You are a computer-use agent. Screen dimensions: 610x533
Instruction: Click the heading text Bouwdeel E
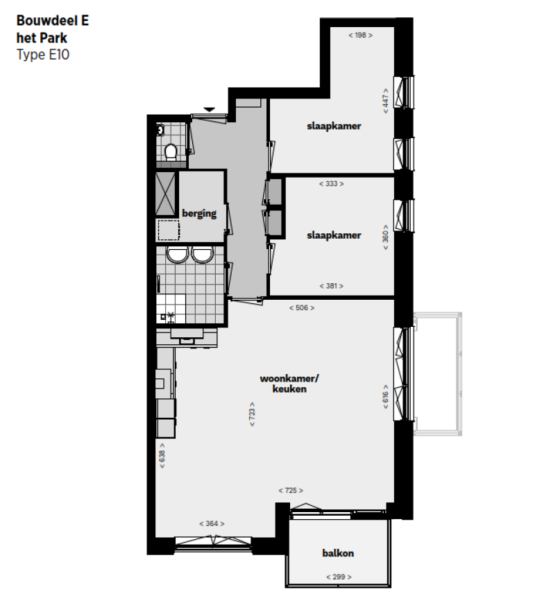[x=52, y=21]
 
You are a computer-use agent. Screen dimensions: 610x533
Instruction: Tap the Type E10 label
[x=43, y=54]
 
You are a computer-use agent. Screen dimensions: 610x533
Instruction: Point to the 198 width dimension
[x=359, y=35]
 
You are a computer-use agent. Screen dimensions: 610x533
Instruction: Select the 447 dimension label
[x=385, y=100]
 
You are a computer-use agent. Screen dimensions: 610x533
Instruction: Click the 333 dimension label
[x=331, y=184]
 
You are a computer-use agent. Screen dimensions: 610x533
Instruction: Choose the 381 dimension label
[x=331, y=286]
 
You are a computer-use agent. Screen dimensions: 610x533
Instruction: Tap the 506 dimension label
[x=301, y=307]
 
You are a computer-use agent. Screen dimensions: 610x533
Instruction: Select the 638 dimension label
[x=162, y=456]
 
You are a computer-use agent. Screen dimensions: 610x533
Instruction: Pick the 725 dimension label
[x=291, y=491]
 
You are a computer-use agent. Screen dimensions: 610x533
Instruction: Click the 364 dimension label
[x=212, y=524]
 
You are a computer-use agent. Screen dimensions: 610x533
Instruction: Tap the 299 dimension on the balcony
[x=339, y=577]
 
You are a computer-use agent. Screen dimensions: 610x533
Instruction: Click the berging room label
[x=199, y=213]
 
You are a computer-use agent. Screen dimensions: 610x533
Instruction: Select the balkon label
[x=338, y=553]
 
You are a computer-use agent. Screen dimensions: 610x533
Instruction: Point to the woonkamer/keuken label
[x=283, y=384]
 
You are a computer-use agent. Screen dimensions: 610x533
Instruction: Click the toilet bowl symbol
[x=171, y=151]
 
